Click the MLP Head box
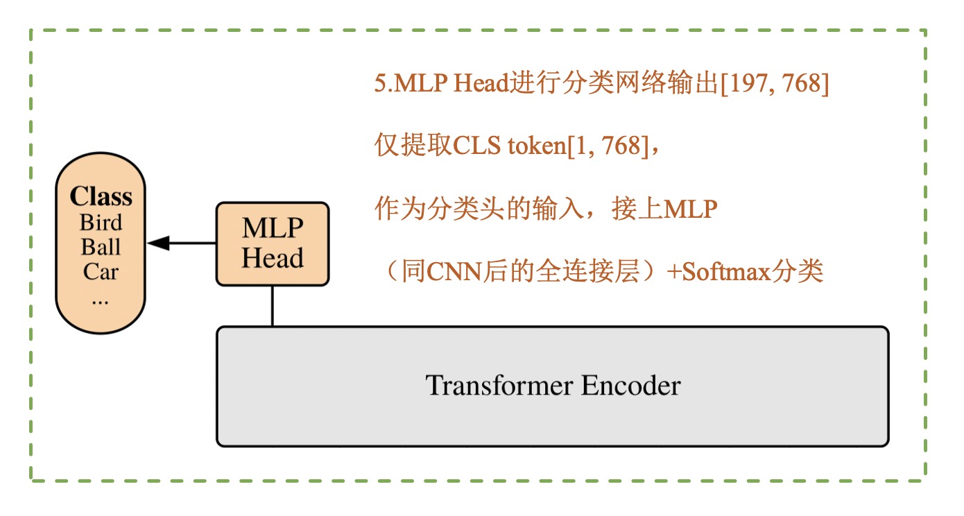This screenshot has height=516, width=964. [x=272, y=243]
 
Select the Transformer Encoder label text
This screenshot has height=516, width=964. [x=553, y=386]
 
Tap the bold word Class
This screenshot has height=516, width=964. [x=101, y=197]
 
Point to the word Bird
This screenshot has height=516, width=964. [x=101, y=223]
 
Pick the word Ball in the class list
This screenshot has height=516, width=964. [x=101, y=247]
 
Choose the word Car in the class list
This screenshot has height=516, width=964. [x=101, y=271]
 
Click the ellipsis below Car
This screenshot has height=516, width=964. [x=101, y=300]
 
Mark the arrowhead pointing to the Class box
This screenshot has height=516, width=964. [x=159, y=243]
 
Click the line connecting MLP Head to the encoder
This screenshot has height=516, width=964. [x=272, y=306]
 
